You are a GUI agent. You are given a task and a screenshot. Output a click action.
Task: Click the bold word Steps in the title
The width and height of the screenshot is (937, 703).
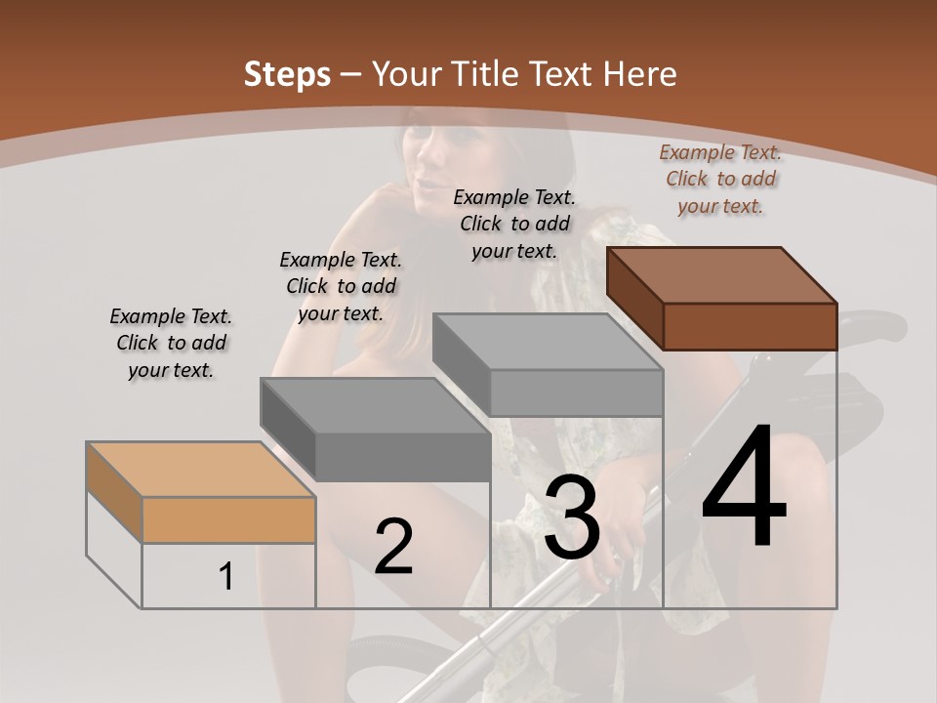(287, 74)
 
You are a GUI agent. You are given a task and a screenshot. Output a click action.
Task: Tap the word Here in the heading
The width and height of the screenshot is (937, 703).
(640, 74)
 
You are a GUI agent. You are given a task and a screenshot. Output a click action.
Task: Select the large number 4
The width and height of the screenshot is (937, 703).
(744, 487)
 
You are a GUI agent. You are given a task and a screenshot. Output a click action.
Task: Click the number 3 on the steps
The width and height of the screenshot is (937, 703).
(572, 518)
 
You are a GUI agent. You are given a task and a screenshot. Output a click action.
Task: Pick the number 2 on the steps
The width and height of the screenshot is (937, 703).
(393, 548)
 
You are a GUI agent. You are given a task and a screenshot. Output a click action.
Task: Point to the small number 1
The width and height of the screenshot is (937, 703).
(226, 576)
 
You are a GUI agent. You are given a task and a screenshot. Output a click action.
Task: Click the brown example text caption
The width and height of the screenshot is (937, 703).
(720, 179)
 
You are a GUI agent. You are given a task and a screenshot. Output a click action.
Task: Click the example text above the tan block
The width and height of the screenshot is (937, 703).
(171, 343)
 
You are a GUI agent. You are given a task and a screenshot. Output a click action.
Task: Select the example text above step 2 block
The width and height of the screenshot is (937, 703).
(341, 286)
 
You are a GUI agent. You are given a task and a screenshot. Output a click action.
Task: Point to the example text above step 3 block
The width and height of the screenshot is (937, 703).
(514, 224)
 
